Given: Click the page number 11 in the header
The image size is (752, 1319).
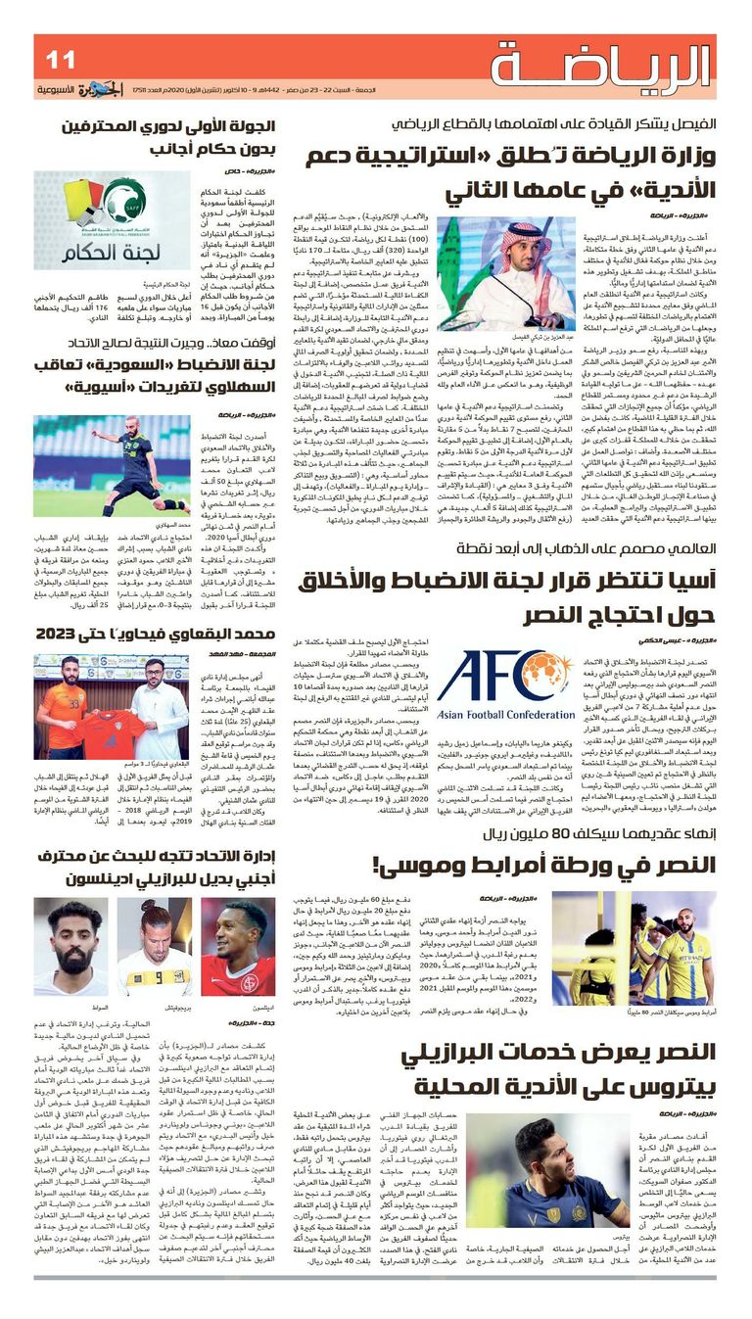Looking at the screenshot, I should point(60,60).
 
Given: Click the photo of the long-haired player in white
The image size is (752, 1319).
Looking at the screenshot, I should point(155,947).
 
